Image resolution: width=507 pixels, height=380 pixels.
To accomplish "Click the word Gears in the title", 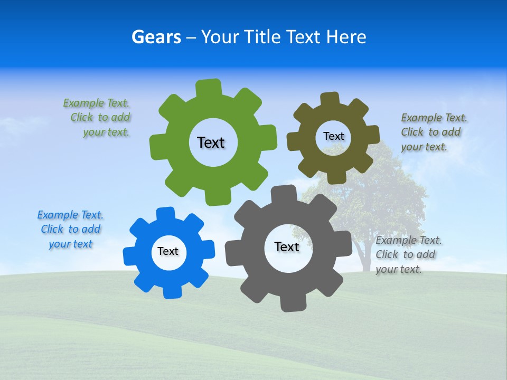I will point(156,37).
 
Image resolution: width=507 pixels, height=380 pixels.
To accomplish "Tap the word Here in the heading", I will point(346,37).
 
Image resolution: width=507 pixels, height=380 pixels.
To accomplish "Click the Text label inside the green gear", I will point(211,142).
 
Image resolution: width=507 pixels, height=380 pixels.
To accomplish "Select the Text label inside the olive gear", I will point(333,136).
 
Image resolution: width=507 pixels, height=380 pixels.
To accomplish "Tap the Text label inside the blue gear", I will point(168,251).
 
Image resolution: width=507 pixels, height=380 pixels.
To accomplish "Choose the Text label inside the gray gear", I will point(287,246).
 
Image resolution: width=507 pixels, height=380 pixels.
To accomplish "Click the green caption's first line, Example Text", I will point(96,103).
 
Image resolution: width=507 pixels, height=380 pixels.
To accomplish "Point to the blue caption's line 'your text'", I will point(71,244).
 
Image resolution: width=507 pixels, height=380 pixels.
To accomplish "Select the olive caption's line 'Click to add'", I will point(430,132).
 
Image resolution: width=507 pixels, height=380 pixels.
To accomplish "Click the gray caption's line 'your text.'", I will point(399,269).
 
